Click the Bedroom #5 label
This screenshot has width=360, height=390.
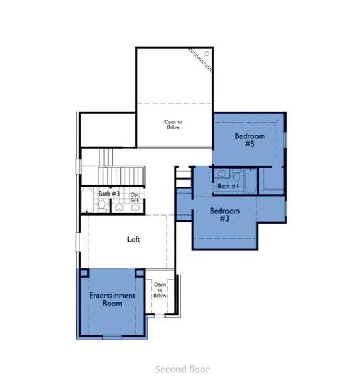pos(248,140)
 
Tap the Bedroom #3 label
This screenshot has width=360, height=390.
pos(224,215)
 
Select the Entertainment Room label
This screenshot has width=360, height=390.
pos(112,300)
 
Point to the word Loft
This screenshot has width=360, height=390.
pos(134,239)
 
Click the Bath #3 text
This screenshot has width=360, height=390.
pos(109,194)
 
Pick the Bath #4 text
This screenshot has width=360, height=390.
pos(228,187)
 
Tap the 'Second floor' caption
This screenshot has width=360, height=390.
pos(182,369)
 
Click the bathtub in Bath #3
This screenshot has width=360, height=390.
pos(88,200)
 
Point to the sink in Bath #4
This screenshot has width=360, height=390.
pos(222,174)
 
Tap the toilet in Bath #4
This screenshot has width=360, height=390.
pos(237,175)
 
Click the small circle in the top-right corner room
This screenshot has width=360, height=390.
pos(207,53)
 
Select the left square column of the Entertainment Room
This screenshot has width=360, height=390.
pos(83,273)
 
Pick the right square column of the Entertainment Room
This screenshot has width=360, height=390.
pos(139,273)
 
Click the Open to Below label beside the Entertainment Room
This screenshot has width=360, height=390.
pos(160,290)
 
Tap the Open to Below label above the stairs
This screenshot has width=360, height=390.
pos(172,124)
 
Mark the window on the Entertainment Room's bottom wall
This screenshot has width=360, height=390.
pos(112,337)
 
